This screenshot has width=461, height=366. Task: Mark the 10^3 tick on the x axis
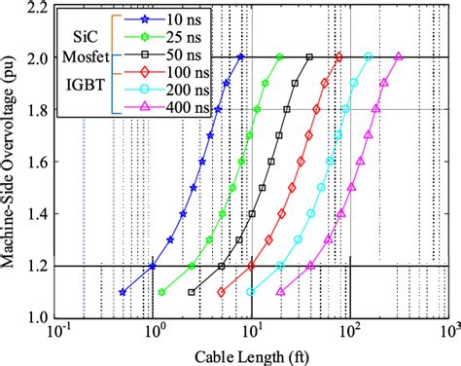coord(448,331)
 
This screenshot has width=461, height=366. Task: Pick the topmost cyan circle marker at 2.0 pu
coord(369,57)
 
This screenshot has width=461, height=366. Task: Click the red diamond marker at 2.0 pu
coord(338,57)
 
